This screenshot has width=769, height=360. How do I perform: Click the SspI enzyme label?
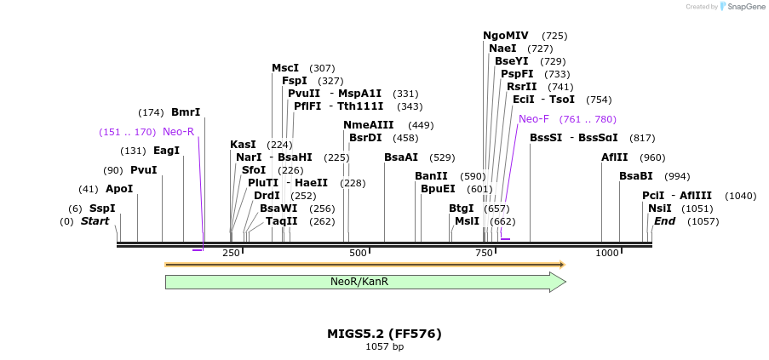[102, 209]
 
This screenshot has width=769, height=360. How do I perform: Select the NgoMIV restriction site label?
[506, 36]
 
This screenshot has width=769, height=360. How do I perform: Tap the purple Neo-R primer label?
[179, 132]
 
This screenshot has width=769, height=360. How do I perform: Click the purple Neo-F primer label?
[534, 119]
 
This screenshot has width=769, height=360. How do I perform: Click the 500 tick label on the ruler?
[358, 254]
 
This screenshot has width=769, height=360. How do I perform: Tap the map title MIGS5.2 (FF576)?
[384, 334]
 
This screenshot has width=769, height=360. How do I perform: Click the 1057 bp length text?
[384, 347]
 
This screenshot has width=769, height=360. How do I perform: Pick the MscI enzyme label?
[285, 68]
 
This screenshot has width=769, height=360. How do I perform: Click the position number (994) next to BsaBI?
[678, 176]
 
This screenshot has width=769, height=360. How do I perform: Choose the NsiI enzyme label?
[660, 209]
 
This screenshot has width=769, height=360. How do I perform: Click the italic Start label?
[95, 221]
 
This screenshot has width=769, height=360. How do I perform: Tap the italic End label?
[664, 221]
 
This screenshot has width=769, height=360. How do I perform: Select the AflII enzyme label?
[615, 157]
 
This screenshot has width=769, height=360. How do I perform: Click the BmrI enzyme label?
[186, 112]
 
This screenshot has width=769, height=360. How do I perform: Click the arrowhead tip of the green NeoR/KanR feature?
[565, 282]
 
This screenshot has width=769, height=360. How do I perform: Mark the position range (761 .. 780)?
[588, 119]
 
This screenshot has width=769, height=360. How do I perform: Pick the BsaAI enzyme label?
[401, 157]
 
